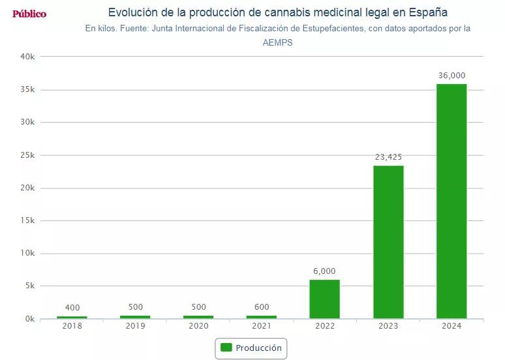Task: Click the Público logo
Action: (x=29, y=14)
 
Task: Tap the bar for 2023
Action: (x=388, y=242)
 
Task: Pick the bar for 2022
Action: (x=324, y=299)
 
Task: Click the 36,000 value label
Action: (x=451, y=76)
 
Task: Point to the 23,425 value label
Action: (x=388, y=157)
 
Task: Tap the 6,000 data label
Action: (x=324, y=271)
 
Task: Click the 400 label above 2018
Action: (x=72, y=308)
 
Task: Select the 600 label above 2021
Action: (x=262, y=307)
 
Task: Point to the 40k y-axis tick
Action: (x=28, y=57)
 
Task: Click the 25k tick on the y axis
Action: (x=28, y=155)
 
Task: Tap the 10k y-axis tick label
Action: (x=28, y=254)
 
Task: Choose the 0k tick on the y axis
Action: (x=30, y=319)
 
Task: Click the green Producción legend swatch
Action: (x=226, y=348)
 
